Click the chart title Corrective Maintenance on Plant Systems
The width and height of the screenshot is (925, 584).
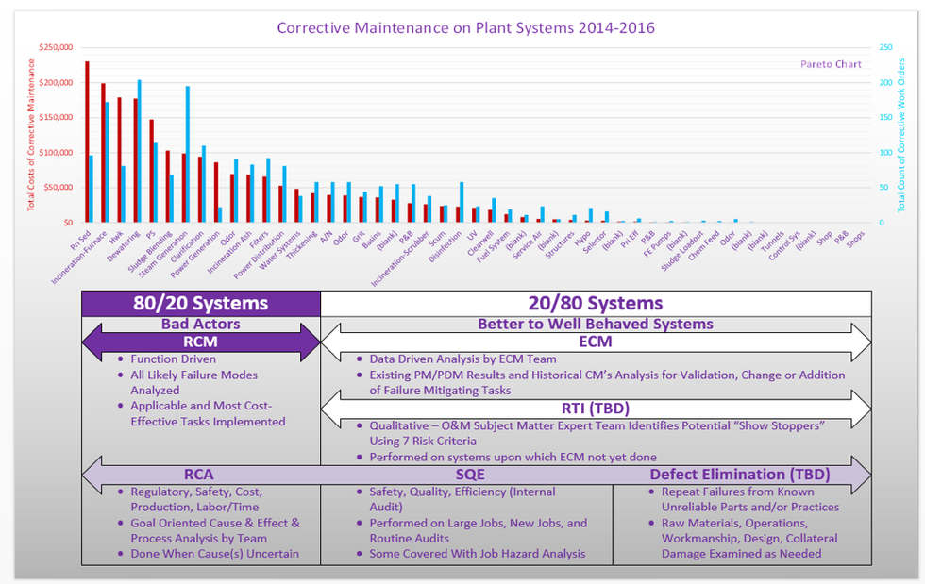click(x=465, y=27)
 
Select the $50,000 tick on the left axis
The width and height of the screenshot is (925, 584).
click(x=61, y=188)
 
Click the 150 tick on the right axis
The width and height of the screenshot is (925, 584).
click(x=886, y=118)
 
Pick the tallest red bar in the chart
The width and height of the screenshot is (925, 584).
click(x=87, y=142)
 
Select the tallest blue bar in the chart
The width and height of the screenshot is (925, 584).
click(x=139, y=151)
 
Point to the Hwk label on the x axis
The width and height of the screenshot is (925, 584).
click(x=114, y=235)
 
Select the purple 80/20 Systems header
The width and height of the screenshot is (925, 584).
click(x=202, y=303)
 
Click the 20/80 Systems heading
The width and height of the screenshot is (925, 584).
click(x=595, y=303)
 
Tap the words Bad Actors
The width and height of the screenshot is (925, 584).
click(x=202, y=324)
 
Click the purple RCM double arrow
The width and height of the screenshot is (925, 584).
click(x=202, y=342)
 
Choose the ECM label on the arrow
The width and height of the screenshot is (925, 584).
click(x=595, y=342)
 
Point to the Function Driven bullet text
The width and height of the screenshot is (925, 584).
click(x=173, y=359)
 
